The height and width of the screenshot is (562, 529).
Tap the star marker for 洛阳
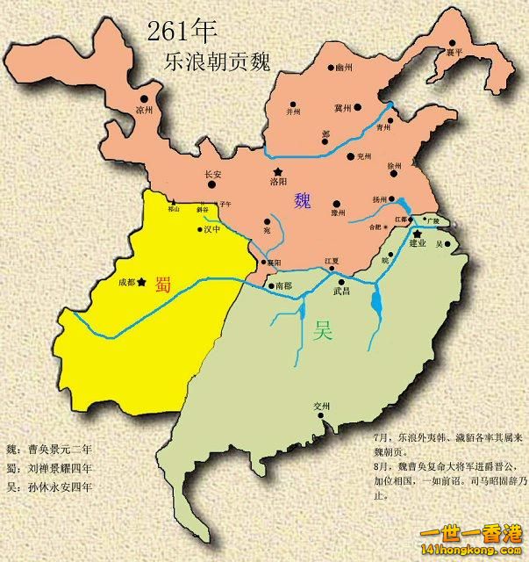point(278,170)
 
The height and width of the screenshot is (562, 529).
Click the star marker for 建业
point(418,233)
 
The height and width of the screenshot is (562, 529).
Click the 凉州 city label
point(145,112)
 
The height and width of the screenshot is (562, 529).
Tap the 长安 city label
point(213,175)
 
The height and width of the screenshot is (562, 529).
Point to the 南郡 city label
point(282,286)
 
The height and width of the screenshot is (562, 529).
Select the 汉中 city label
point(211,230)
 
